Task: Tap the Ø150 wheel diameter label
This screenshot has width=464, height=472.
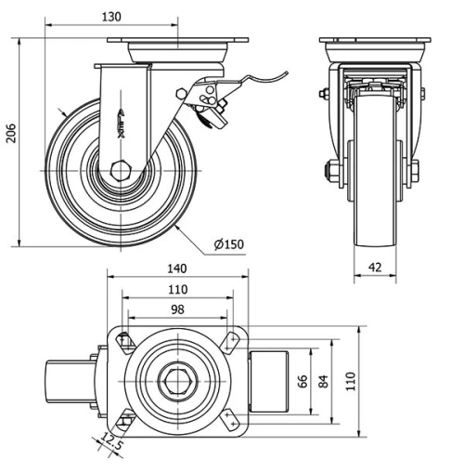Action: tap(228, 244)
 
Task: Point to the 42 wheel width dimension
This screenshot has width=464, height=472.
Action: tap(376, 266)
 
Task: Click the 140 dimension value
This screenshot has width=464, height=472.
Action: tap(177, 268)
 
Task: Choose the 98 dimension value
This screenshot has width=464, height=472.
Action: tap(177, 308)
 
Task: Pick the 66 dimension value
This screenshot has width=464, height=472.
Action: tap(303, 381)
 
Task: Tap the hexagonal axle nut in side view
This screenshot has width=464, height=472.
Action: tap(120, 172)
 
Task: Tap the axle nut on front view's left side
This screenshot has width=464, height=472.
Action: tap(329, 172)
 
